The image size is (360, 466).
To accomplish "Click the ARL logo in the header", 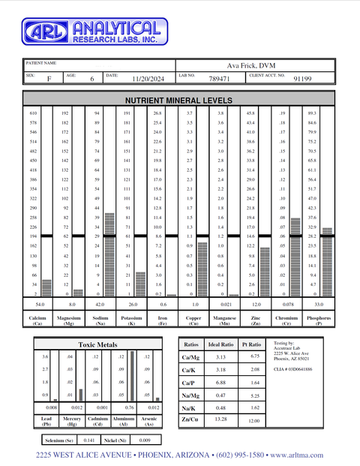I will coord(45,31).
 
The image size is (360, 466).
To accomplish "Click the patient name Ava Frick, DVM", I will coord(252,65).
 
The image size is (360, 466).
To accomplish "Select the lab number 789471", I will coord(219,77).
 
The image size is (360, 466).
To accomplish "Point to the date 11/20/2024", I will coord(147,77).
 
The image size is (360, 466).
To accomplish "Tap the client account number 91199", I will coord(302,77).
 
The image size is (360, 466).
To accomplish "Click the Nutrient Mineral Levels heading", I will coord(178,100).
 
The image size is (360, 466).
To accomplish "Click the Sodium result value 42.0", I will coord(97,304).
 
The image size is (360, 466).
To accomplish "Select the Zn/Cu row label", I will coord(190,419).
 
